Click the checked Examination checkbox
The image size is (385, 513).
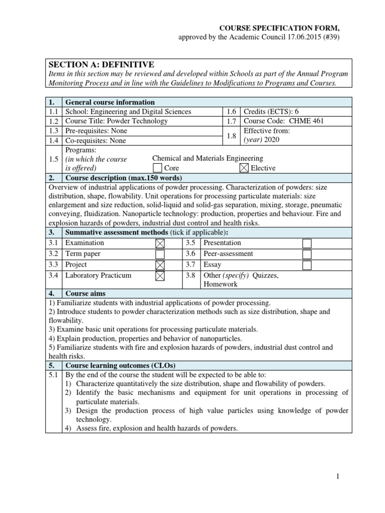tap(160, 243)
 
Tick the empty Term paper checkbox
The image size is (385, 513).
tap(160, 254)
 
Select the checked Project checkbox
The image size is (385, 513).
tap(160, 265)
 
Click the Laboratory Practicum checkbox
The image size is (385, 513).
tap(160, 276)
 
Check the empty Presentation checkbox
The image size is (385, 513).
tap(307, 243)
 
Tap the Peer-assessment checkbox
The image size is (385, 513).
tap(307, 254)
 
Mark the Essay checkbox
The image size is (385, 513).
tap(307, 265)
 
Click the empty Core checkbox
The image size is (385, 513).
tap(157, 168)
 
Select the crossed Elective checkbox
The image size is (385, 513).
tap(244, 168)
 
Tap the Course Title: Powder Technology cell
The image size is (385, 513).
tap(117, 121)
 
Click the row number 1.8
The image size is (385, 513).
tap(231, 135)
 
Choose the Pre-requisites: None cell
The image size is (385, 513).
tap(96, 131)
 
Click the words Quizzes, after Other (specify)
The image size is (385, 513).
tap(266, 276)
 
